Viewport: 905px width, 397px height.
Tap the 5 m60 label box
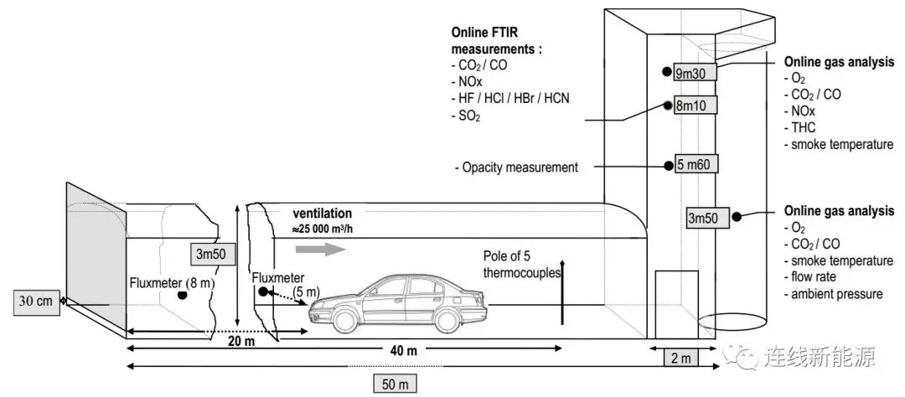coord(696,165)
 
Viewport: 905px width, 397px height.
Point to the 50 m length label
coord(396,384)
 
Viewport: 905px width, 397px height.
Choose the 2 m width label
coord(680,358)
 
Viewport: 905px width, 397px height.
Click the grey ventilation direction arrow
coord(319,250)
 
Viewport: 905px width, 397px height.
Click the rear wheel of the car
coord(446,320)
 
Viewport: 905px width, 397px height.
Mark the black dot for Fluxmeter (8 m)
coord(183,296)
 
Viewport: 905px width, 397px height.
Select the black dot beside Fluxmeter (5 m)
coord(264,292)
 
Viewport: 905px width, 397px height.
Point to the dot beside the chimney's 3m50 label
coord(737,217)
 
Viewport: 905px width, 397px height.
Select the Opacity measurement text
coord(516,168)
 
